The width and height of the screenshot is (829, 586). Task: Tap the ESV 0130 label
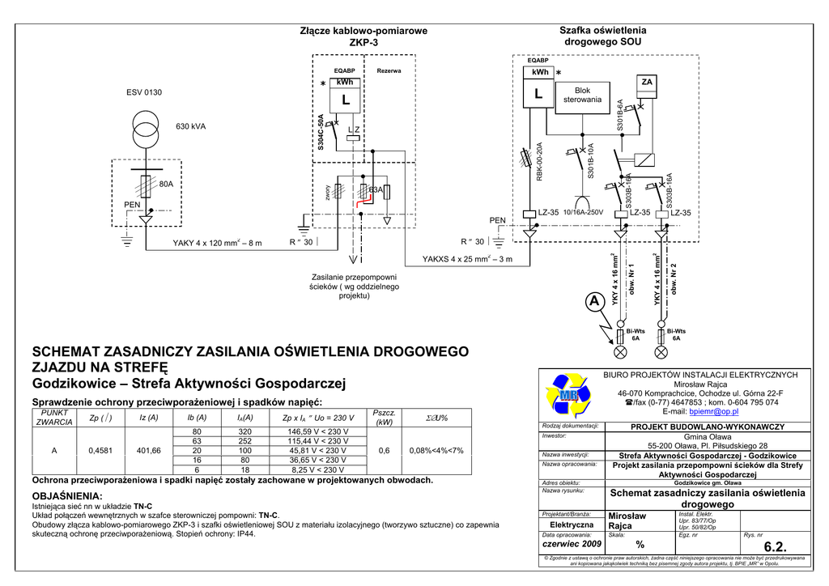[x=144, y=93]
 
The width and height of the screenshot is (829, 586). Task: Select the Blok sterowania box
[x=582, y=96]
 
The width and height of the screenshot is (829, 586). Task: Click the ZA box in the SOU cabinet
[x=647, y=83]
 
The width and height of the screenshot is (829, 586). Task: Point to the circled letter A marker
[x=595, y=302]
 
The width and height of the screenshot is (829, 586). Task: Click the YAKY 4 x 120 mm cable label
[x=217, y=243]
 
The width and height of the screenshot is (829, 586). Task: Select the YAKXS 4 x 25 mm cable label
[x=467, y=260]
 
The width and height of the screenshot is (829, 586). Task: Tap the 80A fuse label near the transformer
[x=167, y=185]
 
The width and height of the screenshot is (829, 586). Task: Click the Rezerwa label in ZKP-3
[x=389, y=71]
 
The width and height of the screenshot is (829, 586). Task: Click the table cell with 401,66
[x=150, y=450]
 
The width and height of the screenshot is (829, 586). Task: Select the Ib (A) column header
[x=197, y=418]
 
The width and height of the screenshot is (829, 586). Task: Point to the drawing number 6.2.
[x=775, y=547]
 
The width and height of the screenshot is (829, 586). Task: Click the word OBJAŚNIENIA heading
[x=66, y=495]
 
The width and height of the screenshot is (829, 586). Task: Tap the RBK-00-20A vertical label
[x=539, y=162]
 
